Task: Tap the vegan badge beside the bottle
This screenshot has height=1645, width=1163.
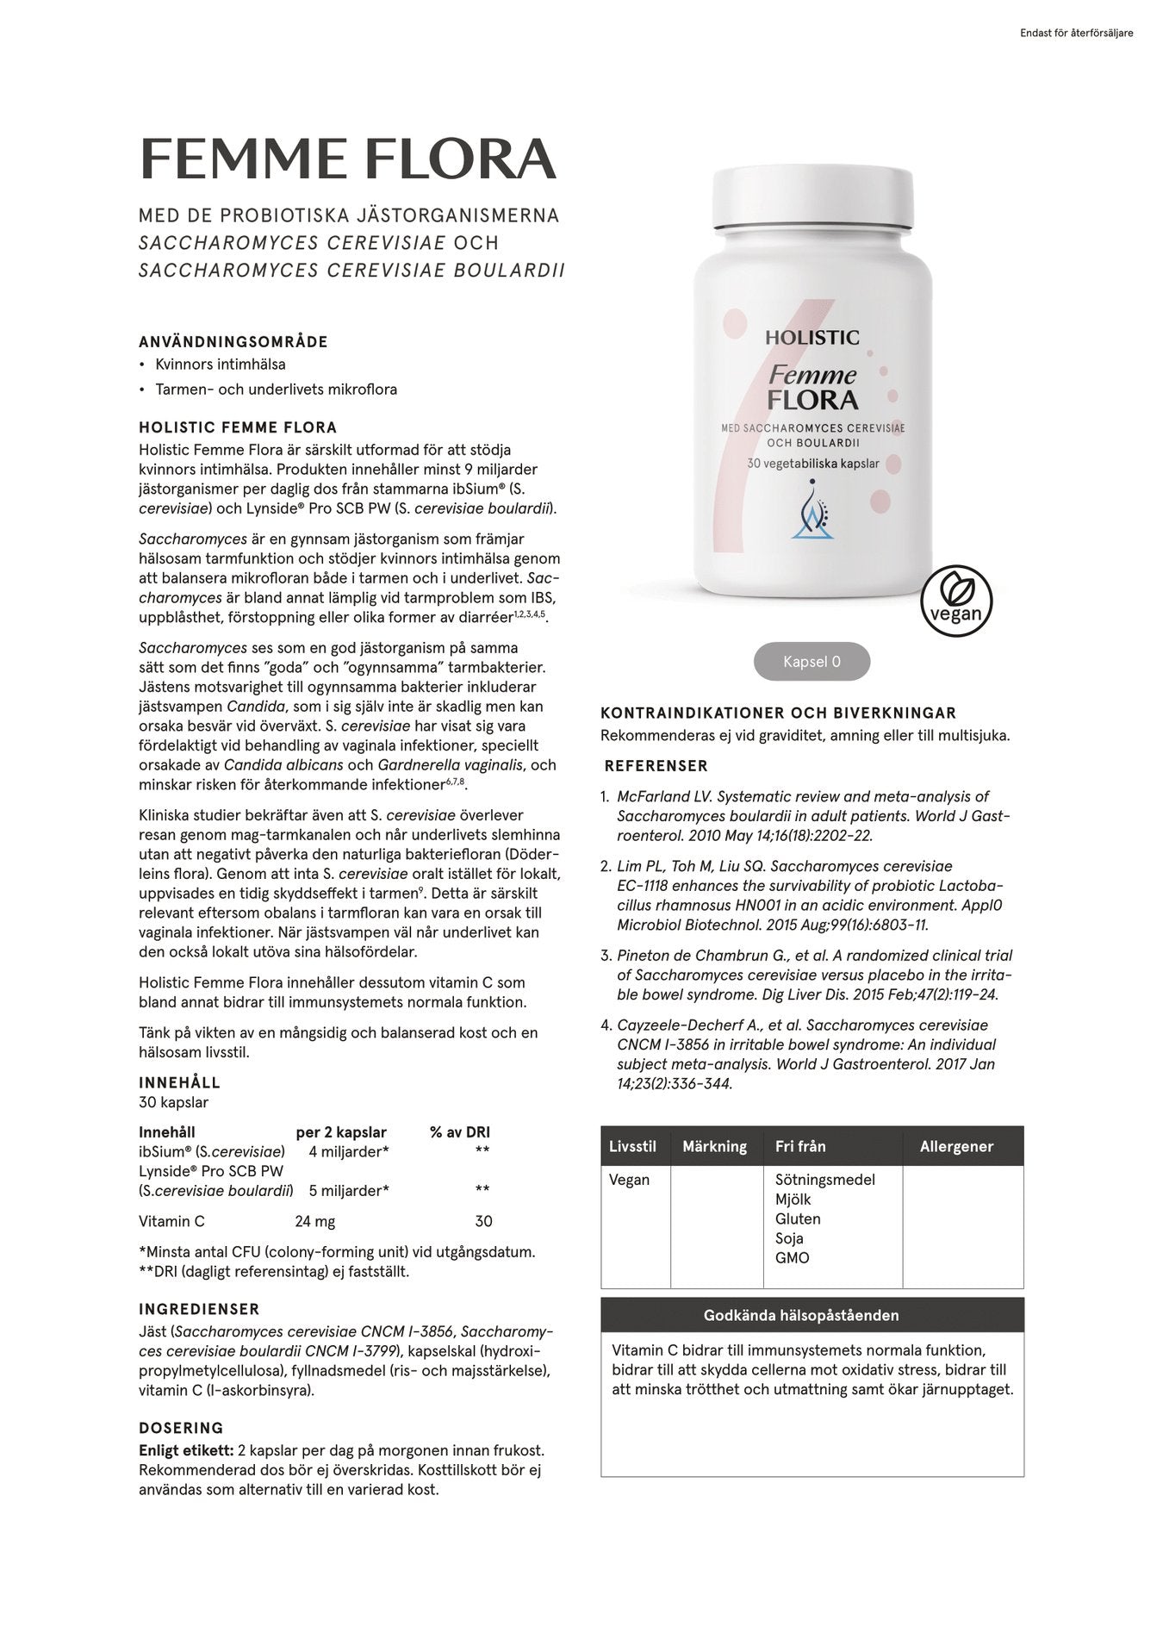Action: (x=956, y=601)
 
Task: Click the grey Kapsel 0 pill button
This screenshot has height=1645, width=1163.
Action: (x=812, y=662)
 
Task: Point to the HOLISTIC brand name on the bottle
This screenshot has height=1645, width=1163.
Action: (x=812, y=338)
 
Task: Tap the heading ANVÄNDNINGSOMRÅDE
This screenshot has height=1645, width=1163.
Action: (x=233, y=342)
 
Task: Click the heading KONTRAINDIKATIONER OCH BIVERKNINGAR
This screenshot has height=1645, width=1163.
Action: (x=778, y=713)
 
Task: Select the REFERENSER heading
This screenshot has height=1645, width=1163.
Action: (x=656, y=766)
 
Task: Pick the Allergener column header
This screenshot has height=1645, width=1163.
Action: (x=956, y=1147)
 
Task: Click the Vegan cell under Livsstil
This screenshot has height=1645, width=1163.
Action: (x=629, y=1180)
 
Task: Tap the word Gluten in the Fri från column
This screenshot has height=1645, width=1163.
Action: (x=798, y=1218)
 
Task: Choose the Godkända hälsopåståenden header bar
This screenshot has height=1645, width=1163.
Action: (x=812, y=1316)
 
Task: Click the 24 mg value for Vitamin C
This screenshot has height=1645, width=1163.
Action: (x=315, y=1221)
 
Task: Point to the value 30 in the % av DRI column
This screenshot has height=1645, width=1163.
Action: (x=483, y=1221)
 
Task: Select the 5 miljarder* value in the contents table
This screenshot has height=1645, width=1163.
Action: (x=349, y=1191)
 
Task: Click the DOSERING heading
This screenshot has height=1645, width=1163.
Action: (x=181, y=1428)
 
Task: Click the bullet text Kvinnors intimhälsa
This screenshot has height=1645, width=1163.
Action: (x=220, y=365)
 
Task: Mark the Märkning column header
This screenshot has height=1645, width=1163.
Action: (x=714, y=1147)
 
